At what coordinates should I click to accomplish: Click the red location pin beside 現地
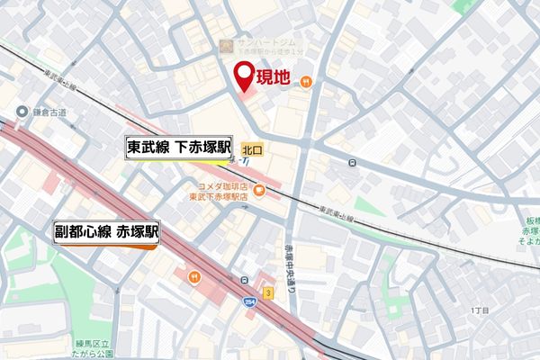click(244, 76)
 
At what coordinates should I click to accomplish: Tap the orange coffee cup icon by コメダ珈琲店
click(258, 190)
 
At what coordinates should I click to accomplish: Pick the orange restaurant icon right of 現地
click(307, 81)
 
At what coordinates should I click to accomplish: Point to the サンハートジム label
click(260, 42)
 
